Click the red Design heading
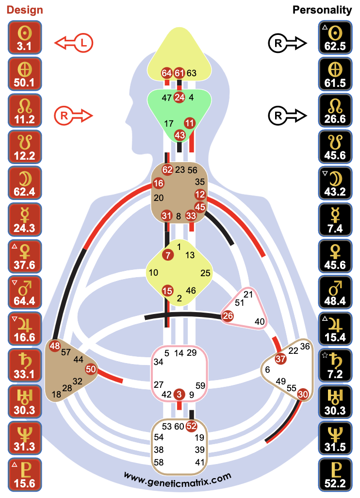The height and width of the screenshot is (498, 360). coord(25,10)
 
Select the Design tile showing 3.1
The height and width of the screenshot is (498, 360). coord(25,38)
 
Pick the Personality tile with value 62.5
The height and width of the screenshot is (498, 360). coord(335,38)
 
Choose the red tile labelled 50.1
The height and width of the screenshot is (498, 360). coord(25,75)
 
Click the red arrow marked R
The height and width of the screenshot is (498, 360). coord(74,115)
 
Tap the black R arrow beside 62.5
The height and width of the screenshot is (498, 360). coord(287,43)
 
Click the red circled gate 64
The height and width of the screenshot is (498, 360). coord(167,73)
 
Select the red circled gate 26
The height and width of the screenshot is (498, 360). coord(228,316)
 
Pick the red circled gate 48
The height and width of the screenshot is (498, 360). coord(54,346)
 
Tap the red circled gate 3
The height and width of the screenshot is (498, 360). coord(180,394)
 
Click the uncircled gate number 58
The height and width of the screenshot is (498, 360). coord(159,462)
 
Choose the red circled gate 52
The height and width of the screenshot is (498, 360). coord(191,426)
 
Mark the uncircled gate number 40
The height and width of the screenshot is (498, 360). coord(260,321)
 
